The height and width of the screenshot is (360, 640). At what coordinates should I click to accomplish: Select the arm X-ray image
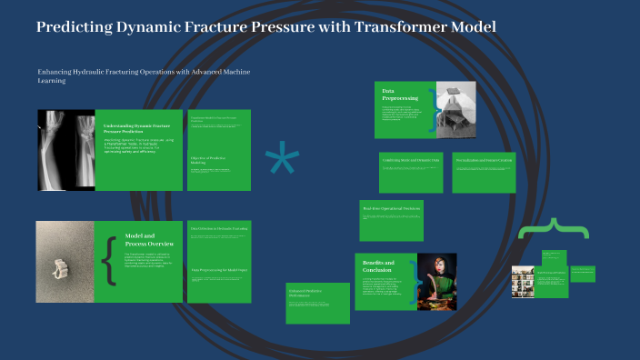(x=65, y=149)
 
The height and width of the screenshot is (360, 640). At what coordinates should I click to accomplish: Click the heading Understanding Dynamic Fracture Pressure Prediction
(x=136, y=127)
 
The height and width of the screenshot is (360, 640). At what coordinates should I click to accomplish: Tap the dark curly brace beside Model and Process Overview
(x=110, y=262)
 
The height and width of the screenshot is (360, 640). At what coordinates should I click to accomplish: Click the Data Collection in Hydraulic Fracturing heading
(x=218, y=229)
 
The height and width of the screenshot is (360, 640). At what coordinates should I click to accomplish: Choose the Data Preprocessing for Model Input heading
(x=218, y=270)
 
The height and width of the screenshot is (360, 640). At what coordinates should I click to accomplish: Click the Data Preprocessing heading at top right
(x=399, y=95)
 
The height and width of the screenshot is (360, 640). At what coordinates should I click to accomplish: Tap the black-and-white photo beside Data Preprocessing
(x=462, y=110)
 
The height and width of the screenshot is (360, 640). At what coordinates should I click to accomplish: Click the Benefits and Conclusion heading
(x=378, y=266)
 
